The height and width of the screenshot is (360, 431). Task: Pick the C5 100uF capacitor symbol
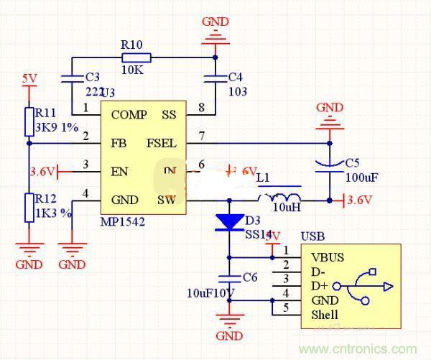(330, 167)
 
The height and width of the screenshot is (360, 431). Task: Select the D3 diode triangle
(230, 222)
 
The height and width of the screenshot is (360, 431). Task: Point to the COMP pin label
(129, 114)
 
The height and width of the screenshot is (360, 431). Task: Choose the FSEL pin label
(162, 143)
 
